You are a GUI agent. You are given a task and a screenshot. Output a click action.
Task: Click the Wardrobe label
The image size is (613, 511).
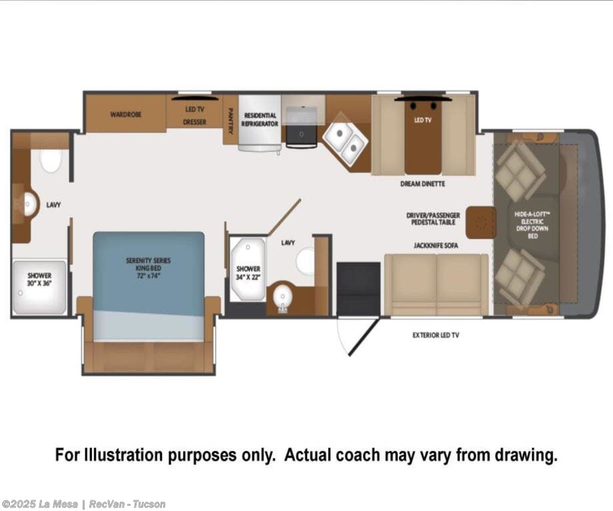[125, 115]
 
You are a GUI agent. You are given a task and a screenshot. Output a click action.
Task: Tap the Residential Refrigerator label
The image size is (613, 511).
[260, 120]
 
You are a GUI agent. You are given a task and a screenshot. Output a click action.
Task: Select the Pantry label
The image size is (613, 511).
[231, 121]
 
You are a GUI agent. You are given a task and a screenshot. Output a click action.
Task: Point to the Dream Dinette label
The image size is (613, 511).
[422, 184]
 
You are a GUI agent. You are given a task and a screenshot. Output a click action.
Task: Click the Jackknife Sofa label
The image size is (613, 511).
[436, 246]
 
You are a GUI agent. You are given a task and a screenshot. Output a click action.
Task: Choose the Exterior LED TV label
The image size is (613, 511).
[436, 335]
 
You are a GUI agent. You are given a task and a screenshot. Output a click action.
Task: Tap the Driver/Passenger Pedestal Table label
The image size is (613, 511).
[433, 219]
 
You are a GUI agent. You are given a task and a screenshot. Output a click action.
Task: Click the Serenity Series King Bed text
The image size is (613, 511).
[148, 268]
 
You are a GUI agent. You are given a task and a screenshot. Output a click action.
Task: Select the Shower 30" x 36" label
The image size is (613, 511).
[39, 280]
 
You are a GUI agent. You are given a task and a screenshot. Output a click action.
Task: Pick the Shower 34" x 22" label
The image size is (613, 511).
[249, 273]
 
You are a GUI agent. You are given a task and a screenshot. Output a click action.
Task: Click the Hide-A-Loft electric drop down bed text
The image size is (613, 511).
[532, 225]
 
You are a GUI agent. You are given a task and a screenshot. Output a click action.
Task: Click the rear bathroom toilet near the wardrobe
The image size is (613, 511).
[51, 159]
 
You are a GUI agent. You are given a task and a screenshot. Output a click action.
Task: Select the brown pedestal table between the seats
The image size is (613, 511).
[481, 222]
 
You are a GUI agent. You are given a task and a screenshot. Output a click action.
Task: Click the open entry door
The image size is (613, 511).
[364, 336]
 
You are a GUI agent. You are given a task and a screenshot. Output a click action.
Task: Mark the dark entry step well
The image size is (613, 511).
[358, 288]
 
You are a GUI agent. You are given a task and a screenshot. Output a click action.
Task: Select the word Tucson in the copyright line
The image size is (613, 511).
[149, 504]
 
